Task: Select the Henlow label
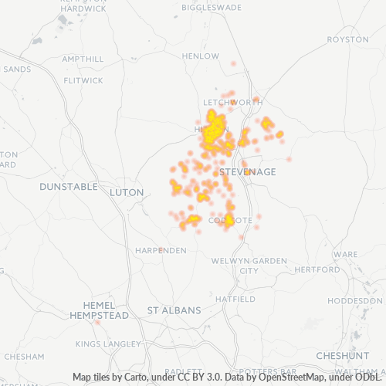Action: click(x=201, y=56)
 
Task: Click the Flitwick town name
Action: click(x=83, y=80)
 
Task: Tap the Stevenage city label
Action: click(x=247, y=171)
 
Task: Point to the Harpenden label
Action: click(x=161, y=250)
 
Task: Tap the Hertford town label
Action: click(x=317, y=270)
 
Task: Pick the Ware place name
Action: click(x=345, y=254)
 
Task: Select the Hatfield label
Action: click(x=235, y=299)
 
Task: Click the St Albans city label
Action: click(x=174, y=310)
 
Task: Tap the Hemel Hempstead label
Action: click(x=99, y=310)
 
